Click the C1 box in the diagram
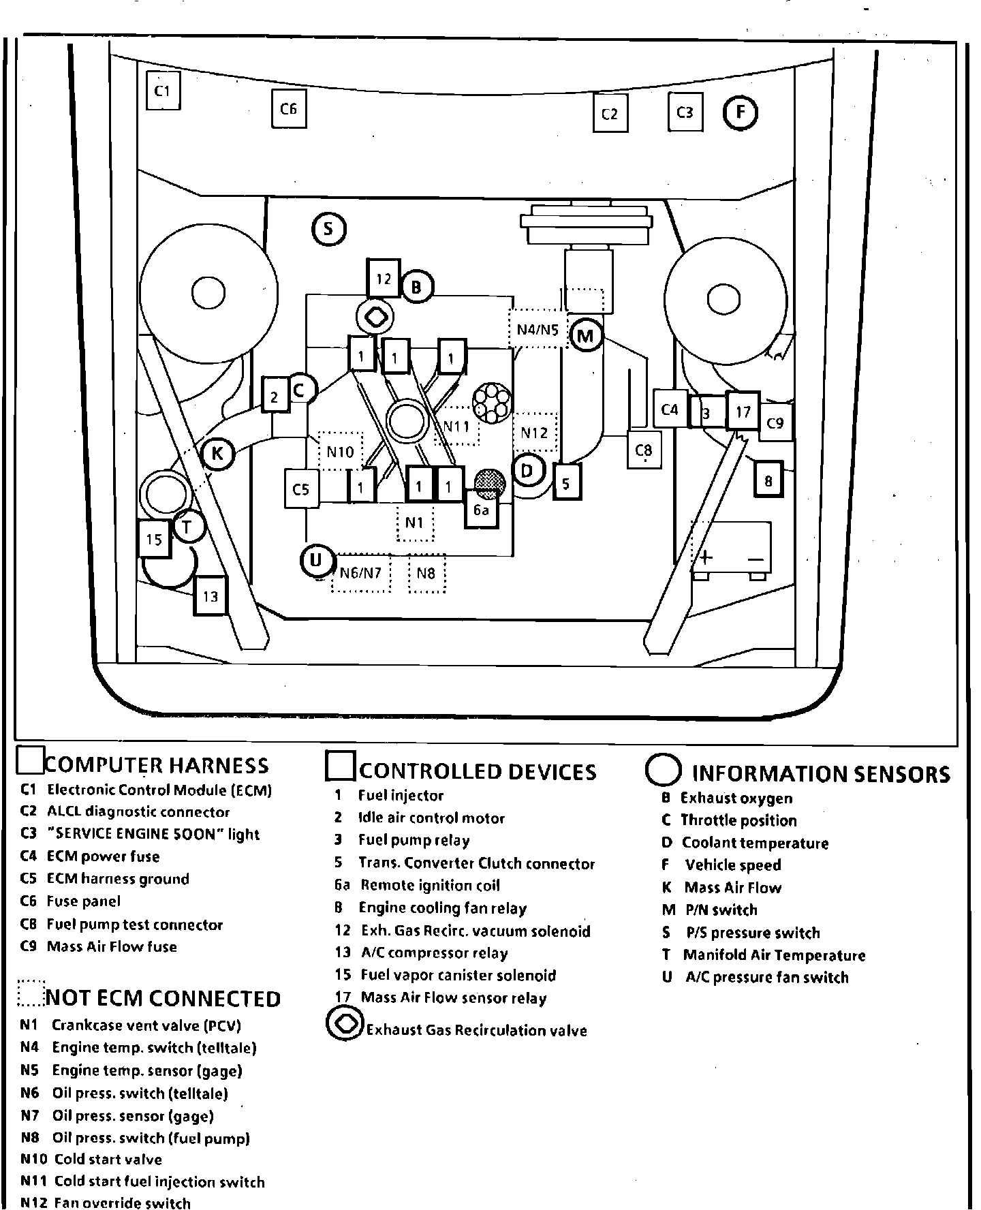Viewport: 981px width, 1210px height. (163, 91)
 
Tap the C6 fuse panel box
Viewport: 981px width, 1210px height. (288, 109)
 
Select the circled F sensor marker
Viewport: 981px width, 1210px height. (740, 112)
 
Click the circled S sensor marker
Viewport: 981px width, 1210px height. (329, 229)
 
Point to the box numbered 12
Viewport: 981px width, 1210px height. (384, 278)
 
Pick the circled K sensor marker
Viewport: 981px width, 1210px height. (218, 453)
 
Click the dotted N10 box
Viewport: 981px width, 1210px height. (341, 451)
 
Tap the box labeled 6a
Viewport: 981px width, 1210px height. (482, 510)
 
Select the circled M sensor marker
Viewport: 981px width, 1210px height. (585, 335)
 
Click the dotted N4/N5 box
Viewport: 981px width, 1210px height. (538, 330)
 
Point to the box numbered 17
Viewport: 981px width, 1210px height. (743, 412)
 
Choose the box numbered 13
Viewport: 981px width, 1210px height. (210, 597)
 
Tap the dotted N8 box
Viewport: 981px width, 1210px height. (426, 574)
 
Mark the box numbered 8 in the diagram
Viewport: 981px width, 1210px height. (768, 482)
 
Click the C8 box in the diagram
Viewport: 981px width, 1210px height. (644, 450)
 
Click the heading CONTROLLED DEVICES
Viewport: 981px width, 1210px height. (477, 771)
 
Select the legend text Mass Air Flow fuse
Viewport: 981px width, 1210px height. (112, 947)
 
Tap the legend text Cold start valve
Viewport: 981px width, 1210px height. (108, 1160)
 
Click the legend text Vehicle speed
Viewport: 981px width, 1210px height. (733, 865)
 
